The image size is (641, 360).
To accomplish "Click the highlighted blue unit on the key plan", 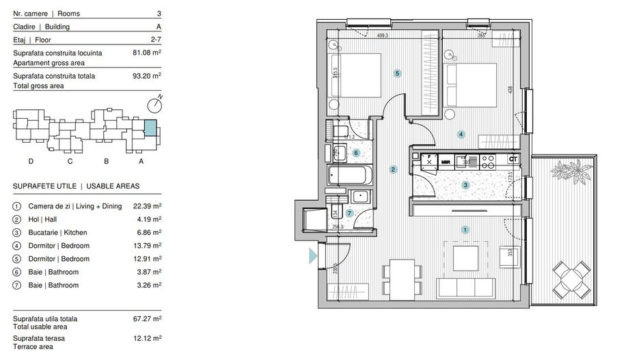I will point(149,128).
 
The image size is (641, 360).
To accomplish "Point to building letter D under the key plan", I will point(31,161).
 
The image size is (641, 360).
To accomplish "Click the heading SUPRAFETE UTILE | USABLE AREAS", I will point(76,186).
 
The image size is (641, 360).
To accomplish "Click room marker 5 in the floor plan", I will point(397,73).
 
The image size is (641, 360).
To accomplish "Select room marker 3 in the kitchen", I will point(465,184).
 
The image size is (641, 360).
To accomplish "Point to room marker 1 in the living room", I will point(465,230).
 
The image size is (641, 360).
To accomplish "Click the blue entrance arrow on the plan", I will point(313,257).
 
